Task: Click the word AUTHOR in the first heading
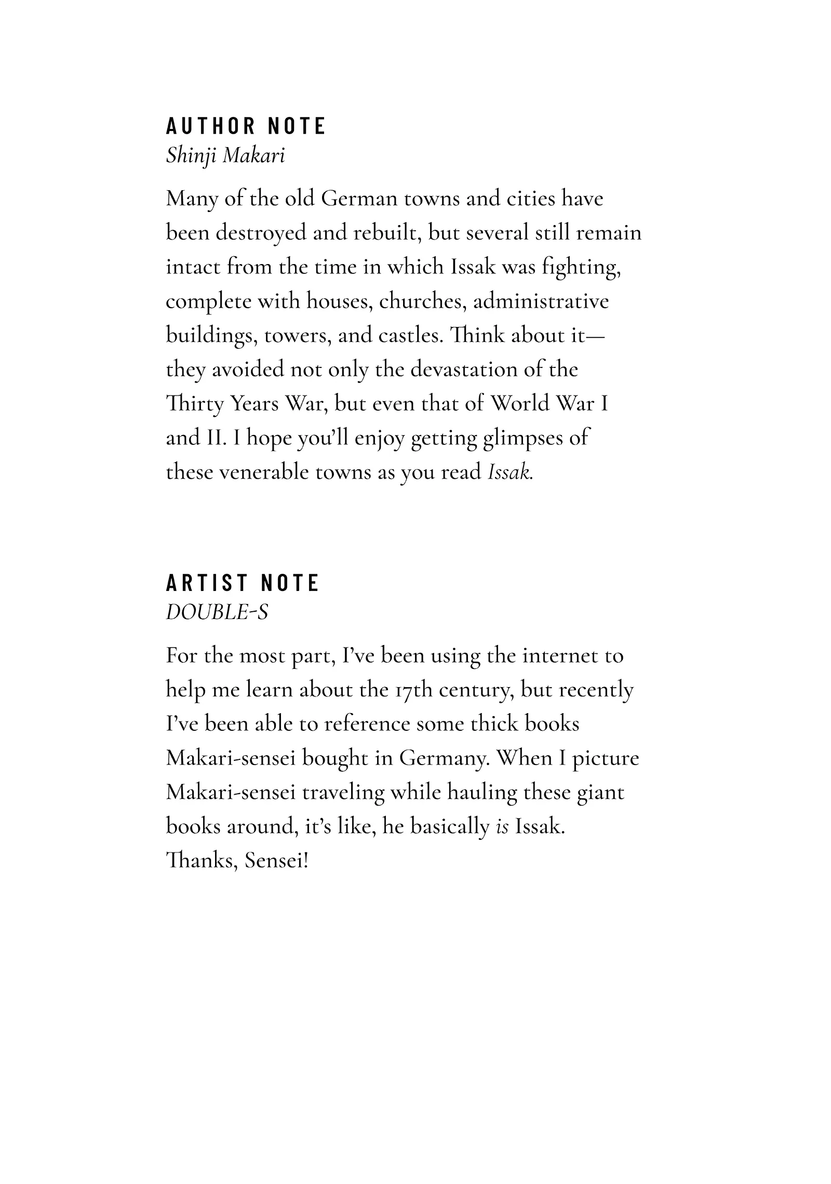coord(210,126)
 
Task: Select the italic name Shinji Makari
coord(225,155)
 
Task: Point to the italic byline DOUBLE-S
coord(217,613)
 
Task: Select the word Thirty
coord(194,404)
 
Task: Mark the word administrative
coord(541,301)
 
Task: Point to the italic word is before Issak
coord(502,827)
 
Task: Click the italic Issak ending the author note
coord(510,472)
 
